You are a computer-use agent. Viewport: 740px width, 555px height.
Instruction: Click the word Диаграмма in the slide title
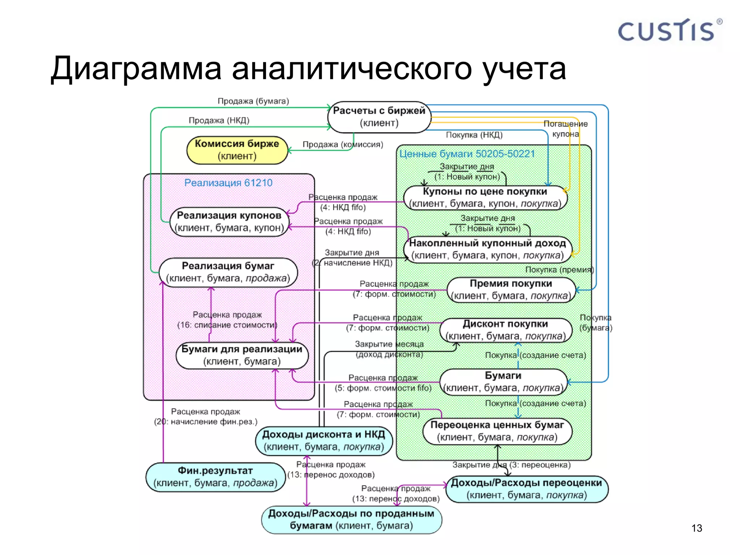point(135,69)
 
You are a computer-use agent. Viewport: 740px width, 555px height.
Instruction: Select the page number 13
point(696,528)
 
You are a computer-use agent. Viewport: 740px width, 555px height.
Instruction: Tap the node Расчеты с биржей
point(379,117)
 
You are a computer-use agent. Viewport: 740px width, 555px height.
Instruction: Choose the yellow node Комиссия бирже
point(237,150)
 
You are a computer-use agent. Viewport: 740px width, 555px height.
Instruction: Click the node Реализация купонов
point(229,221)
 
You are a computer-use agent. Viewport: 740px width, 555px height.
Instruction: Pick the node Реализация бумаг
point(228,272)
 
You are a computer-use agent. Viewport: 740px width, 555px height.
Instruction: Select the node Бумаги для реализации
point(242,355)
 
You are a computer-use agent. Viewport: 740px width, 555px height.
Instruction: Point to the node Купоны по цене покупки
point(485,198)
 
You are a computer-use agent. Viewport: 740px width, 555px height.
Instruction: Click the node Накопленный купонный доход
point(487,249)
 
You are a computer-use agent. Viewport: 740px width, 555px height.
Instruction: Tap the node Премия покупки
point(511,290)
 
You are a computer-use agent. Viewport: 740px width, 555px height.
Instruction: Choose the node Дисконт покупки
point(505,330)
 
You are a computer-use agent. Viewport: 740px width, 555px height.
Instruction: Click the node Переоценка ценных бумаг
point(497,431)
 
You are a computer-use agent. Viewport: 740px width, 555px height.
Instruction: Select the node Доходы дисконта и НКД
point(324,440)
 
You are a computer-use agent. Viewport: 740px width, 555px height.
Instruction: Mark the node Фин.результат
point(215,477)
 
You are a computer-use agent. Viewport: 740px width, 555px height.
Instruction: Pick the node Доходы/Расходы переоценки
point(526,489)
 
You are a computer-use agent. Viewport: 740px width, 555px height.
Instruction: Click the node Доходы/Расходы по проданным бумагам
point(351,520)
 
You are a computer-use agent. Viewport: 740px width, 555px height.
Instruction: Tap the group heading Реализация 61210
point(228,183)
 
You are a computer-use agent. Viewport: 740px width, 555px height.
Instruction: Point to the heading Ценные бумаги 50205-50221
point(467,154)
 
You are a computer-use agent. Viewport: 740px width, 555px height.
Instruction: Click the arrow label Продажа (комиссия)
point(343,145)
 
